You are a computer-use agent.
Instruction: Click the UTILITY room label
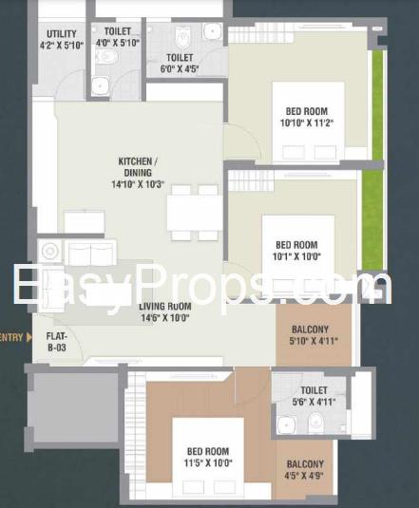[x=62, y=39]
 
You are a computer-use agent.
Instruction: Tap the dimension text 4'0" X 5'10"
[x=118, y=43]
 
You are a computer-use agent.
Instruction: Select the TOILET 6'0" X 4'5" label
[x=180, y=63]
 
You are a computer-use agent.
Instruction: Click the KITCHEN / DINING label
[x=138, y=173]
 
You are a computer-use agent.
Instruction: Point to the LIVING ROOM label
[x=165, y=311]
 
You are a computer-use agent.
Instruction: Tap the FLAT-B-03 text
[x=57, y=342]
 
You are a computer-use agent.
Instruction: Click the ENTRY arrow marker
[x=29, y=337]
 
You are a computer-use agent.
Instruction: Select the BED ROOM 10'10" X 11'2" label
[x=307, y=117]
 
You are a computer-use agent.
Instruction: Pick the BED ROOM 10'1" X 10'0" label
[x=296, y=251]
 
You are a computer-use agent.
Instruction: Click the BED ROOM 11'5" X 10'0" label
[x=208, y=457]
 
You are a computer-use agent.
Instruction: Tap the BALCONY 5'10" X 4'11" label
[x=314, y=335]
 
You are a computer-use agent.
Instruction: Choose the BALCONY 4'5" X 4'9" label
[x=305, y=470]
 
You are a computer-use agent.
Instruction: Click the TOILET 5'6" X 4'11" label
[x=314, y=396]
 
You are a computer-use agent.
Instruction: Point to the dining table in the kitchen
[x=195, y=213]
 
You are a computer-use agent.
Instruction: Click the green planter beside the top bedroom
[x=377, y=105]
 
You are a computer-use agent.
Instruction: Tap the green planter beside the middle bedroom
[x=371, y=219]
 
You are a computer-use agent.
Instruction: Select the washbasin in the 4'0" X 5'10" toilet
[x=100, y=85]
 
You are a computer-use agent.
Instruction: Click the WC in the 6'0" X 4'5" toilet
[x=182, y=36]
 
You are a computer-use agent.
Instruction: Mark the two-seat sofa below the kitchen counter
[x=90, y=253]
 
